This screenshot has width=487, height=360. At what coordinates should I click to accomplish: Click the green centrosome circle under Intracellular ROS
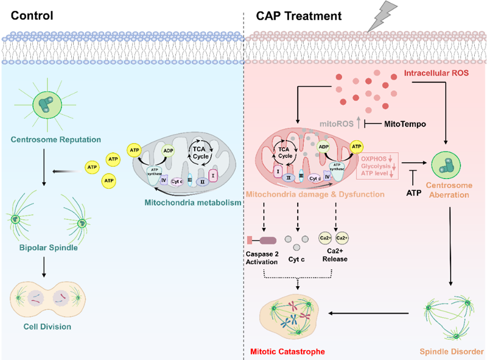(449, 163)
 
